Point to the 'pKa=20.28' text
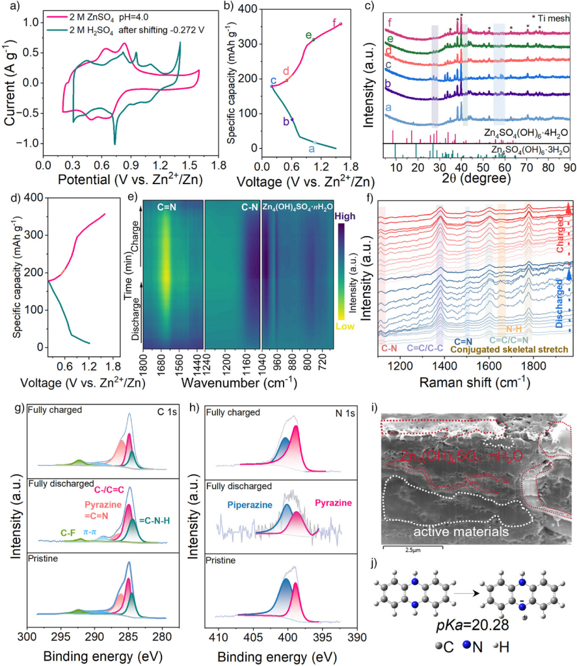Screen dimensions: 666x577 (x=479, y=628)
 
